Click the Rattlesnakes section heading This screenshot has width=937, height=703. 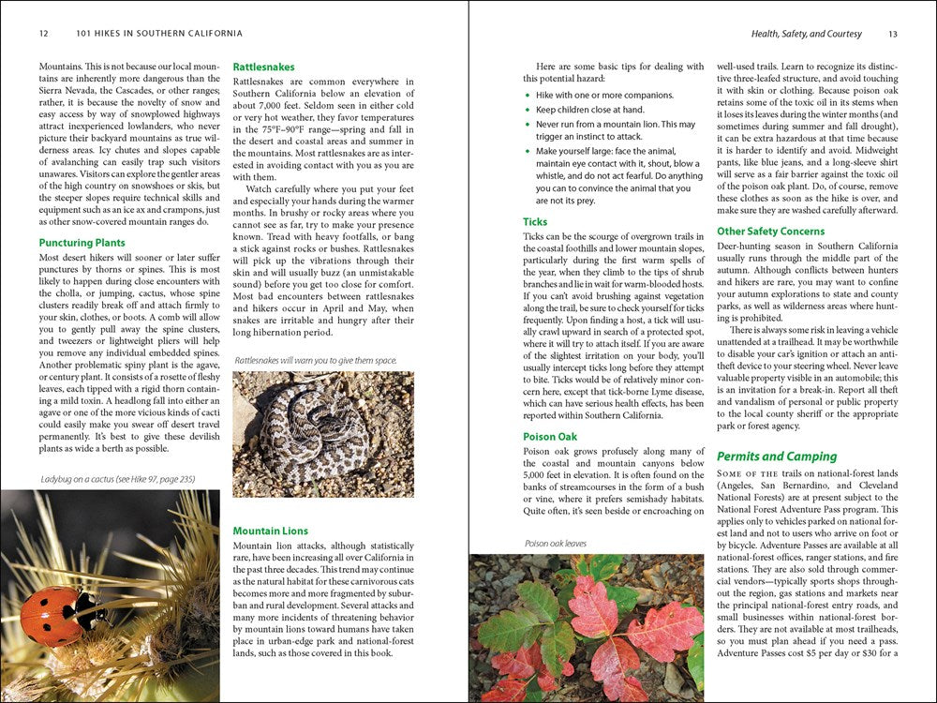[x=263, y=67]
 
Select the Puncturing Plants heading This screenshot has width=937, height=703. [x=82, y=243]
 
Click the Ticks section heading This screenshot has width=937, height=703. [x=535, y=222]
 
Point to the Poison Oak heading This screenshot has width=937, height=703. [x=550, y=437]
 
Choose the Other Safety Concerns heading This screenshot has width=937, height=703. [x=770, y=231]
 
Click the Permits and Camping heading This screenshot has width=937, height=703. [x=777, y=456]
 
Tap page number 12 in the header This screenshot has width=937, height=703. [x=44, y=34]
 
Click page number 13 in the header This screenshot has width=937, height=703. [x=892, y=34]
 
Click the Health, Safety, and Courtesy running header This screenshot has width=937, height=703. [x=806, y=34]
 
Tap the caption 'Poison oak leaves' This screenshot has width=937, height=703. [x=556, y=543]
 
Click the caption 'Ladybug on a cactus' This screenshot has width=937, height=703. [x=118, y=479]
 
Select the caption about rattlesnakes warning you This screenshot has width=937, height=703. [x=316, y=360]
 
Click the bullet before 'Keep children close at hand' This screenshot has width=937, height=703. [x=528, y=110]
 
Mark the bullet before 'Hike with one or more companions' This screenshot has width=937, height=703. [x=528, y=95]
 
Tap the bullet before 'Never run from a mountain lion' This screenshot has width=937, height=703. [x=528, y=125]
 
